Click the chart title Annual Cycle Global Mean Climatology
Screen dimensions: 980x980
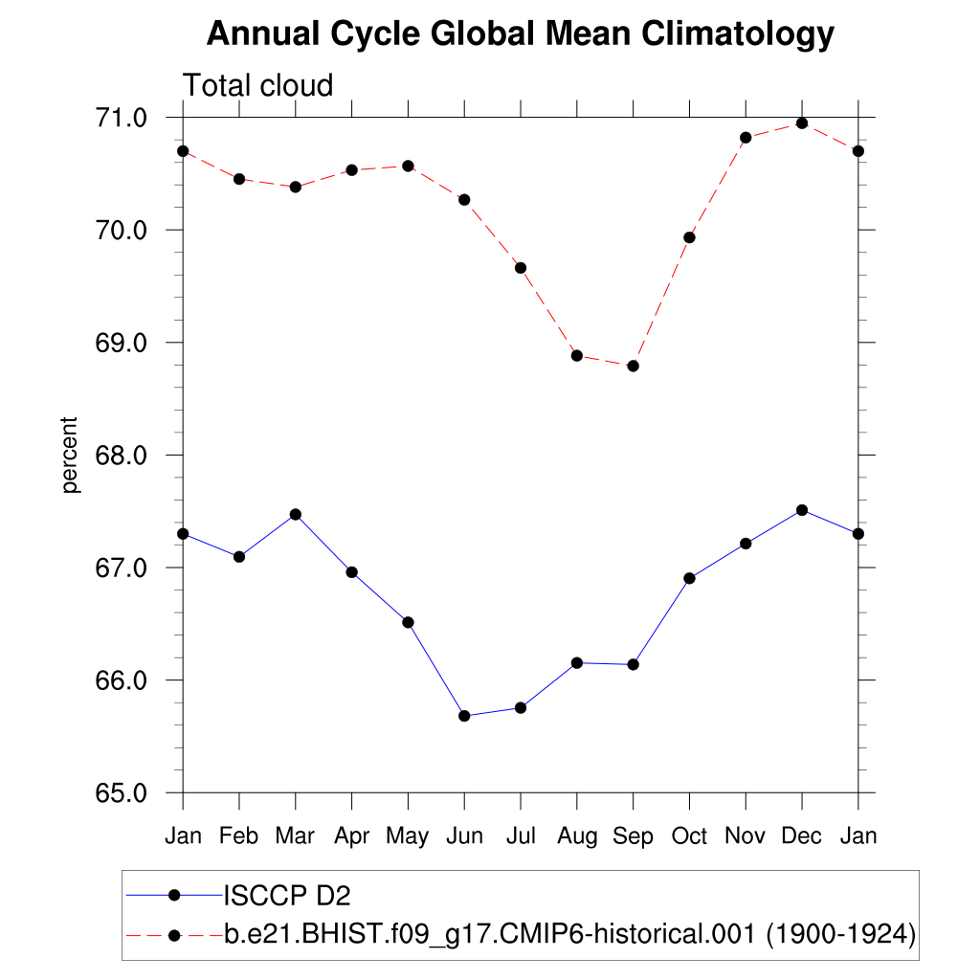pyautogui.click(x=521, y=34)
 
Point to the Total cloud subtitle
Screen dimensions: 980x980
pyautogui.click(x=257, y=85)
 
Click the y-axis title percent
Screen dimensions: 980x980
pyautogui.click(x=69, y=455)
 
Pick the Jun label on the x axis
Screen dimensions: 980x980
pyautogui.click(x=464, y=836)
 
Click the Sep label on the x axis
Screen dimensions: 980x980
pyautogui.click(x=633, y=836)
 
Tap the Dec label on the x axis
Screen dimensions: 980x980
pyautogui.click(x=802, y=835)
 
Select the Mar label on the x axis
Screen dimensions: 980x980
pyautogui.click(x=295, y=835)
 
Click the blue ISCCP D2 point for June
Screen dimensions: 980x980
pyautogui.click(x=464, y=716)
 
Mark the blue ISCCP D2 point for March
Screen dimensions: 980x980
pyautogui.click(x=296, y=514)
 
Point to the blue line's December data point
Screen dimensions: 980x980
pyautogui.click(x=802, y=510)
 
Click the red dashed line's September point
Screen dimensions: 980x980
pyautogui.click(x=633, y=366)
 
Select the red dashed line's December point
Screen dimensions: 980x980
pyautogui.click(x=802, y=123)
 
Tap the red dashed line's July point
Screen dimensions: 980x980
pyautogui.click(x=521, y=268)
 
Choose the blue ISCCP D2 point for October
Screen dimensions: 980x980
pyautogui.click(x=689, y=578)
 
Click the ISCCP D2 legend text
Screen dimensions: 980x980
pyautogui.click(x=286, y=896)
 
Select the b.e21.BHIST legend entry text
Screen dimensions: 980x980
pyautogui.click(x=569, y=933)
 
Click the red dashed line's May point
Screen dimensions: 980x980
pyautogui.click(x=408, y=166)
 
